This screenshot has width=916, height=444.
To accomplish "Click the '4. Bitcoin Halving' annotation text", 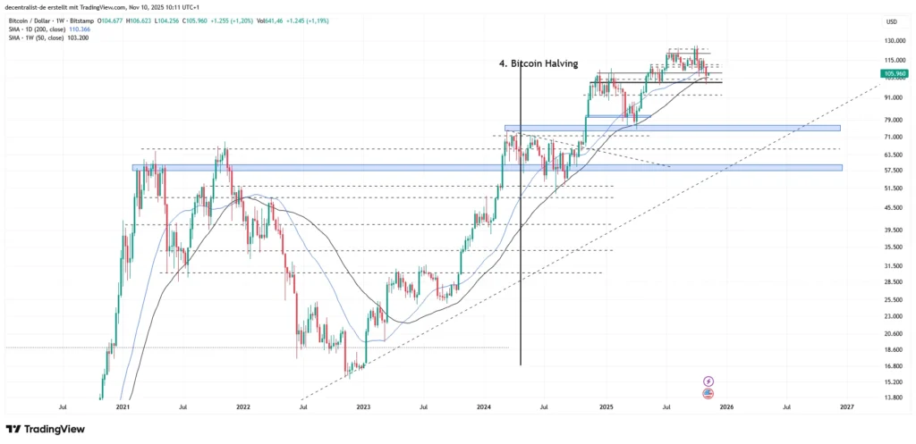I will tap(539, 63).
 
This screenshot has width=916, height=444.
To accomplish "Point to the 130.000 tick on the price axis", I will tap(892, 41).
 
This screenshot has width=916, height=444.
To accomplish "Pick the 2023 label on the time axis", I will tap(363, 406).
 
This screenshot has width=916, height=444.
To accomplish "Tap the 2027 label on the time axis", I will tap(847, 406).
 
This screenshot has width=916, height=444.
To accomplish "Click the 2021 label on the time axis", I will tap(123, 406).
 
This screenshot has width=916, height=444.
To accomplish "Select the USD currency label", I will tap(891, 21).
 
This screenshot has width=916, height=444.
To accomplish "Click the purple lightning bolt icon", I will tap(708, 381).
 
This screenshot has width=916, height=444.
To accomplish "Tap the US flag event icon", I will tap(708, 392).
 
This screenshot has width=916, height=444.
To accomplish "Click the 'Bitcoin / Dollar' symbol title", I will tap(31, 20).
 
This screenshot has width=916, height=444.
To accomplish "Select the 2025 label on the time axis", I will tap(606, 406).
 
